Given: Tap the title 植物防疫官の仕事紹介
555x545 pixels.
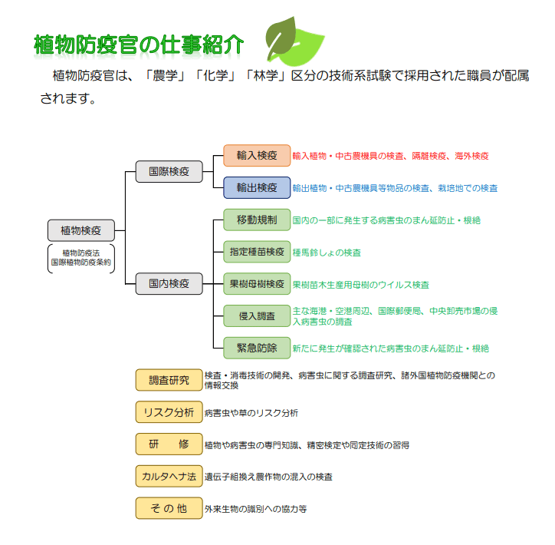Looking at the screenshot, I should (140, 45).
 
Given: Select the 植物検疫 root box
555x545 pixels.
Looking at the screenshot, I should (81, 230).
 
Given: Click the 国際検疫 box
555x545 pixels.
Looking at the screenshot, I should (169, 171).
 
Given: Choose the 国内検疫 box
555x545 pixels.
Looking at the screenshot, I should (169, 283).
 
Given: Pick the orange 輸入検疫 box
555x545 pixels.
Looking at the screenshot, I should (257, 155).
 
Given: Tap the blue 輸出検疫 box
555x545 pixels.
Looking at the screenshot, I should (257, 187).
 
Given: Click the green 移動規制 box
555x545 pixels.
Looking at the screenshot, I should (257, 220).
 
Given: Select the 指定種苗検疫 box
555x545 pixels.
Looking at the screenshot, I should (257, 252).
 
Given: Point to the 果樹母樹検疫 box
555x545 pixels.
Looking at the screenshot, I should (257, 284).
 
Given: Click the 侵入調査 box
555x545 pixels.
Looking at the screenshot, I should (257, 315).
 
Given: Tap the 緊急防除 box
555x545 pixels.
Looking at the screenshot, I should (257, 348).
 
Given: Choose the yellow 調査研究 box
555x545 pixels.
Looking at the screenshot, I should (169, 380).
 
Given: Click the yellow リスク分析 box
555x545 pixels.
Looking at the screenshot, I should (169, 412).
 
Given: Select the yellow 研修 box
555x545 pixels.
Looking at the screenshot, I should (169, 444).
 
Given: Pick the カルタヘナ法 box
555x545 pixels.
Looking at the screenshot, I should (169, 476).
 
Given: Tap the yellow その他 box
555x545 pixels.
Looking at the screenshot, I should (169, 508).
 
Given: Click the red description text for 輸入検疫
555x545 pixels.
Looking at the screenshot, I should (390, 156).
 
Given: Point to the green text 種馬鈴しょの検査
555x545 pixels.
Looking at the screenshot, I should (327, 253).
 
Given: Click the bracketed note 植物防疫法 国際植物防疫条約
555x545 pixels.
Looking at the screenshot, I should (81, 257).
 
